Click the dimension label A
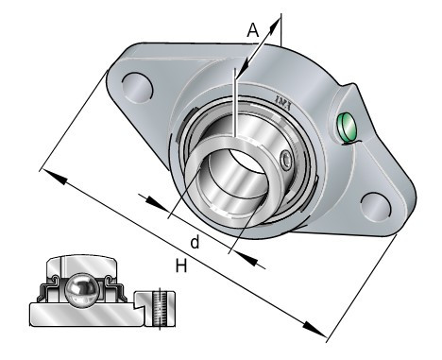(x=253, y=30)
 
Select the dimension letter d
(x=195, y=242)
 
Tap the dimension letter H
(x=181, y=266)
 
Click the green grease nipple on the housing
(x=347, y=128)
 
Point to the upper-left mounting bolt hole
(x=137, y=88)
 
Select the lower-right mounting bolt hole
(x=376, y=208)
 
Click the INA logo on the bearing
(x=284, y=102)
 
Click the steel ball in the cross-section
(x=81, y=289)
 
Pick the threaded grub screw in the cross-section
(x=161, y=309)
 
